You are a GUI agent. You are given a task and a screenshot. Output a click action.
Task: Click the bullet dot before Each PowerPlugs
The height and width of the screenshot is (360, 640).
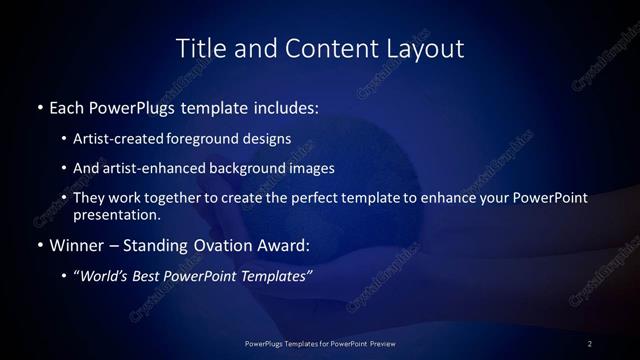pyautogui.click(x=39, y=106)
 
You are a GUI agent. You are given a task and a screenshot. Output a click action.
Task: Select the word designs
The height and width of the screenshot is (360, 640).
pyautogui.click(x=270, y=138)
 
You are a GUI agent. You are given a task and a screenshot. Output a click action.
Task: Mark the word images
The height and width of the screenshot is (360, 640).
pyautogui.click(x=310, y=168)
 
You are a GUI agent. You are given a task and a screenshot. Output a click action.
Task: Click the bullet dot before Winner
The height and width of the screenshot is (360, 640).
pyautogui.click(x=39, y=244)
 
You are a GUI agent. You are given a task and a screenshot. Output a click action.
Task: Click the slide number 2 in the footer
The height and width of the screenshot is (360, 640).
pyautogui.click(x=590, y=344)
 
